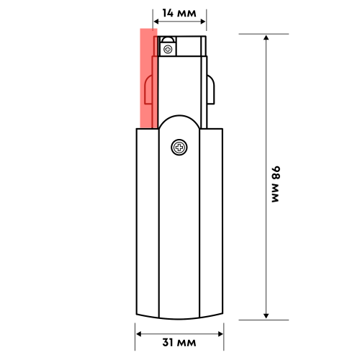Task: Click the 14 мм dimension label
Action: pyautogui.click(x=179, y=12)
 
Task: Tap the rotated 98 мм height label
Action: pyautogui.click(x=276, y=185)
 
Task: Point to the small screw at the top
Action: pyautogui.click(x=168, y=49)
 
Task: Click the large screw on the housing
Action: pyautogui.click(x=179, y=148)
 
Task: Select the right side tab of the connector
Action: pyautogui.click(x=211, y=89)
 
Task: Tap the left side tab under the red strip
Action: pyautogui.click(x=148, y=90)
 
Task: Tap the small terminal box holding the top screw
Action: pyautogui.click(x=168, y=46)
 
